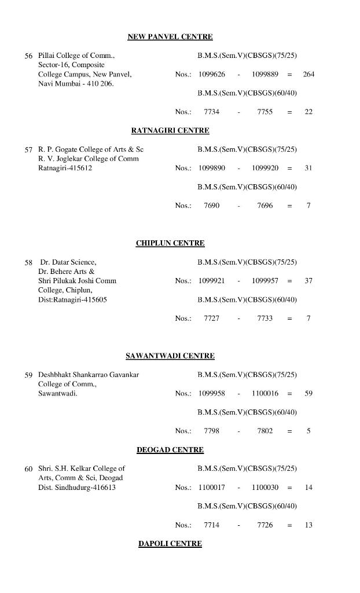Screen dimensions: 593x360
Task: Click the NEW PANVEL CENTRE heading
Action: [x=170, y=36]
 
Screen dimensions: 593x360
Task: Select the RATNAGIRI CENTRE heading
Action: [x=170, y=130]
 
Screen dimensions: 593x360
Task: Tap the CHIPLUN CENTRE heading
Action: [x=170, y=243]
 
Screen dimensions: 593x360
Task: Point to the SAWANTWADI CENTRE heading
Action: [x=170, y=356]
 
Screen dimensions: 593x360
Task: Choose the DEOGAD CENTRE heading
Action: [x=170, y=449]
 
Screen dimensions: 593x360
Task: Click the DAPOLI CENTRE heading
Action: [x=170, y=543]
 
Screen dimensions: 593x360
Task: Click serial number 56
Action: [x=28, y=56]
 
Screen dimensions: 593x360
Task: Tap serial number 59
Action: [x=28, y=375]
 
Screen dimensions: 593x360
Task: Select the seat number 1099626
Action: [x=212, y=74]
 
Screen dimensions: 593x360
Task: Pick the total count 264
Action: [x=308, y=74]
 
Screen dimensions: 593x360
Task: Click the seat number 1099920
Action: [x=265, y=168]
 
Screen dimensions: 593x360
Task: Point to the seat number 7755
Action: [x=265, y=112]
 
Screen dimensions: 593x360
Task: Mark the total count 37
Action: [x=308, y=280]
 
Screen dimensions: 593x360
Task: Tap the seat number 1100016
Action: [x=265, y=393]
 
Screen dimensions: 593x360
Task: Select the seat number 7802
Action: [x=265, y=431]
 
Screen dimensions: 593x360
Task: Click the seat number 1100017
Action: [x=212, y=487]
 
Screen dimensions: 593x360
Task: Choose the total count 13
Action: [x=308, y=525]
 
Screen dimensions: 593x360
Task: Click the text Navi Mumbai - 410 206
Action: [x=76, y=83]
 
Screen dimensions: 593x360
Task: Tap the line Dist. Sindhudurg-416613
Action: [x=77, y=487]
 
